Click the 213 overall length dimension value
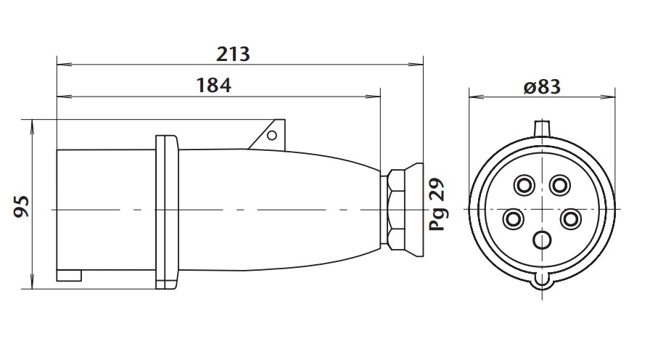click(233, 53)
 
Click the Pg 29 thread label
click(437, 205)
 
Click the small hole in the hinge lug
click(272, 135)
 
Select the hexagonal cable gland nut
click(396, 209)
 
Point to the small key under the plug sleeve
click(70, 275)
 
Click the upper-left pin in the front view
click(522, 186)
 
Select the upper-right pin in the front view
click(559, 186)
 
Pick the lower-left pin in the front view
click(513, 218)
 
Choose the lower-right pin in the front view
click(571, 218)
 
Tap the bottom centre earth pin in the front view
click(542, 240)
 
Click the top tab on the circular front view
click(542, 128)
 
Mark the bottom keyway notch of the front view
click(542, 279)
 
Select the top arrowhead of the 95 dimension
click(32, 125)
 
